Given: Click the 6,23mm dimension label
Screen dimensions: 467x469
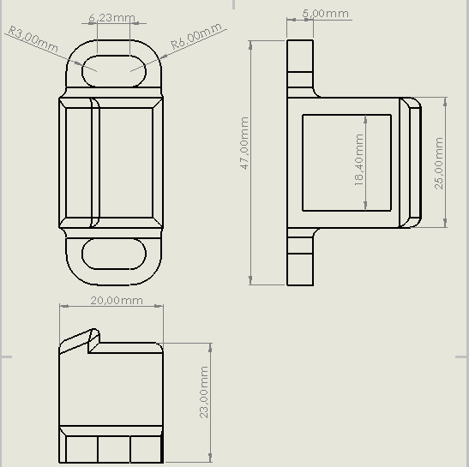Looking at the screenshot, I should click(x=112, y=16).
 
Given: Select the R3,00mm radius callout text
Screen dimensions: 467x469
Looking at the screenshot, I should click(x=32, y=39).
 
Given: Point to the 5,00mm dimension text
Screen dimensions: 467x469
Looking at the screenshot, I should click(x=325, y=14).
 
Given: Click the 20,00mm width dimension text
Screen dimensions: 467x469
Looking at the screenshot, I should click(x=116, y=301).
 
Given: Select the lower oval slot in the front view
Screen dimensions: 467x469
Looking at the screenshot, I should click(x=112, y=255).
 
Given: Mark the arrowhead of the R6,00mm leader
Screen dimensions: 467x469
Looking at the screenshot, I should click(x=134, y=69).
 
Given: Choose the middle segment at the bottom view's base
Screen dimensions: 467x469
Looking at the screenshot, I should click(x=113, y=448).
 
